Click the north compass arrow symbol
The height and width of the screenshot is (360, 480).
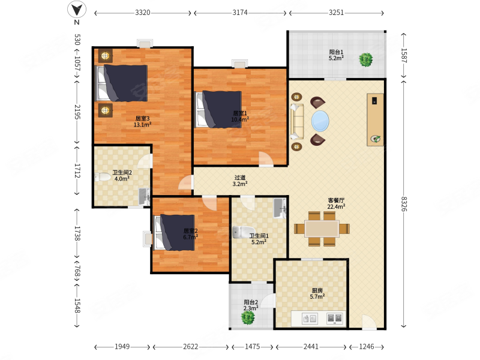(x=77, y=10)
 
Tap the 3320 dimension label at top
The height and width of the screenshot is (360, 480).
(x=143, y=13)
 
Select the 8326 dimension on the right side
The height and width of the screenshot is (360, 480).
(x=404, y=203)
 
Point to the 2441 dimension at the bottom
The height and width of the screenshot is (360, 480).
(x=311, y=347)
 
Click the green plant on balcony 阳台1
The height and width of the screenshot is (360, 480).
(x=366, y=59)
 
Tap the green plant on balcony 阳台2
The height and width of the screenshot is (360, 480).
(x=248, y=317)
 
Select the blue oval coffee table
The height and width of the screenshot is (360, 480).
(x=320, y=121)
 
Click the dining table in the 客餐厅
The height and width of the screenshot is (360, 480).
(x=322, y=229)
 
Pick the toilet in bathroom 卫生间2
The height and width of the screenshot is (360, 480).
(x=102, y=177)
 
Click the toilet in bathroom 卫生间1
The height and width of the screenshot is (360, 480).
(x=244, y=232)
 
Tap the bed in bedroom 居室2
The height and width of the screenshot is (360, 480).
(x=174, y=233)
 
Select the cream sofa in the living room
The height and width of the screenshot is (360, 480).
(x=297, y=122)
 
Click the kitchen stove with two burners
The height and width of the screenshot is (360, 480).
(x=334, y=319)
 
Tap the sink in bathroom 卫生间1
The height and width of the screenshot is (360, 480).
(x=280, y=208)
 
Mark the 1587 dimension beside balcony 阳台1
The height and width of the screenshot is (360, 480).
(x=404, y=55)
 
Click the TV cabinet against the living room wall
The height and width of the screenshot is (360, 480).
(x=376, y=119)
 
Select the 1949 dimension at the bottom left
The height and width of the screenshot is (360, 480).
(x=122, y=347)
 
